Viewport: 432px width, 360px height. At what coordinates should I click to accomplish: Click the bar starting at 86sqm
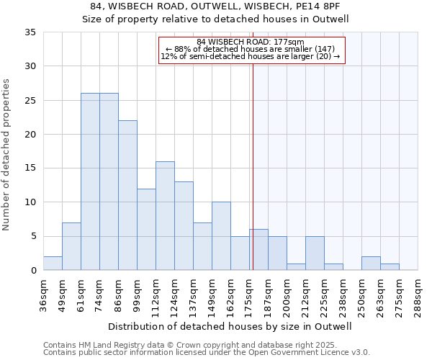(x=127, y=195)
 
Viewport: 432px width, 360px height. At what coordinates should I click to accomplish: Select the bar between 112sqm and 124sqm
(x=165, y=216)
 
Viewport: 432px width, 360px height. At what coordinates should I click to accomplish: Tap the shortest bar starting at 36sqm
(x=53, y=264)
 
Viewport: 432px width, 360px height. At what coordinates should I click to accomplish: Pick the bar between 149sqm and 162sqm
(x=221, y=236)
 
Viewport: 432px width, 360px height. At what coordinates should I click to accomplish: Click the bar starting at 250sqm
(x=371, y=264)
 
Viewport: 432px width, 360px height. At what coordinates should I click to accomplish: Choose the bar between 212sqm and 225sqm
(x=315, y=253)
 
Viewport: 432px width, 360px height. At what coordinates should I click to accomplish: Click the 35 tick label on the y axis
(x=30, y=32)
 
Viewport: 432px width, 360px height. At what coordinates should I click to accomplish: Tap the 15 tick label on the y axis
(x=30, y=168)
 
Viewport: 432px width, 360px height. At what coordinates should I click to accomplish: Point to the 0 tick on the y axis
(x=32, y=271)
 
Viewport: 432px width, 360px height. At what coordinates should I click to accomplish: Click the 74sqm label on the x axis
(x=99, y=293)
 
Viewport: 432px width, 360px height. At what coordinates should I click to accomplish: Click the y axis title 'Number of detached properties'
(x=7, y=155)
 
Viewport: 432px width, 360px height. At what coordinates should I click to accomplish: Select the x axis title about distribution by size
(x=230, y=326)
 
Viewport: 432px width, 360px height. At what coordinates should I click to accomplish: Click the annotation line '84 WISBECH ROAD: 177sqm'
(x=251, y=42)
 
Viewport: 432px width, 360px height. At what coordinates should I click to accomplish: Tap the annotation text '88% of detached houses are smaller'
(x=251, y=49)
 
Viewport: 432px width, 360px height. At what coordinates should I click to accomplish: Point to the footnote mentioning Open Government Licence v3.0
(x=207, y=353)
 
